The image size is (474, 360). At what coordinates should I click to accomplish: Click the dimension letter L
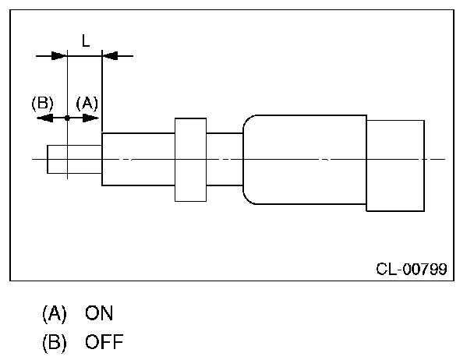[86, 39]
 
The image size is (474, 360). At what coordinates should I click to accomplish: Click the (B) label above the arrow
[41, 102]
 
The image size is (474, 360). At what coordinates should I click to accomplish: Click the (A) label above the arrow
[87, 102]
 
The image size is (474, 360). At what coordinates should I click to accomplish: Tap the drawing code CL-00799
[411, 270]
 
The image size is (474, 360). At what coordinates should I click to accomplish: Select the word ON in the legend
[100, 314]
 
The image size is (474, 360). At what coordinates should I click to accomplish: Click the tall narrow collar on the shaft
[190, 159]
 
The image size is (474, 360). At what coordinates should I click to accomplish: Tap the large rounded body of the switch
[304, 159]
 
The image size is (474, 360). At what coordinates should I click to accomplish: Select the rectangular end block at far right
[395, 164]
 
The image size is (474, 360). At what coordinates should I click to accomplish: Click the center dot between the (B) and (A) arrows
[68, 118]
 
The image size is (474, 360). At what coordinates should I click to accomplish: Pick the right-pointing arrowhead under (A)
[93, 118]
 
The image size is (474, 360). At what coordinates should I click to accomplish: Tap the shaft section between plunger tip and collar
[138, 159]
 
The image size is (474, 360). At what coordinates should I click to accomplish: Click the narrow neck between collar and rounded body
[225, 159]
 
